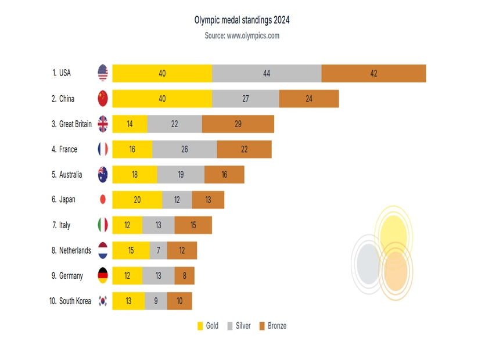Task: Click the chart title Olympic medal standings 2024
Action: (x=242, y=20)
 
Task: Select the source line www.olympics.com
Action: (x=242, y=35)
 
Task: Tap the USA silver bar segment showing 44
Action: (x=267, y=73)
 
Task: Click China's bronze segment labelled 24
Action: (x=309, y=99)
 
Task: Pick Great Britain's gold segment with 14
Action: (x=130, y=124)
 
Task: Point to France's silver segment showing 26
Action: (x=185, y=149)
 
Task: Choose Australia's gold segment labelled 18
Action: (x=135, y=175)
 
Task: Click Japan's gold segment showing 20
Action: (x=137, y=200)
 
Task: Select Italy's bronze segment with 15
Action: (x=193, y=225)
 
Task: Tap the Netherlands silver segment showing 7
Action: (x=159, y=250)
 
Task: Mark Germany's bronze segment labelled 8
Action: (x=185, y=276)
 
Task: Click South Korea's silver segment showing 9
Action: (x=156, y=301)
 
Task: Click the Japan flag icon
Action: (x=103, y=199)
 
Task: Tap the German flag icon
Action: (x=103, y=275)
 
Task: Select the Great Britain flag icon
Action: (x=103, y=124)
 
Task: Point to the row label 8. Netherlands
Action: (x=71, y=250)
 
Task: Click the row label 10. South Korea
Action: (x=70, y=301)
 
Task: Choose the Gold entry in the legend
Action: (x=208, y=326)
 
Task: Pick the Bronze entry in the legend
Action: (x=273, y=326)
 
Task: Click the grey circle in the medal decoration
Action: (x=368, y=264)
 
